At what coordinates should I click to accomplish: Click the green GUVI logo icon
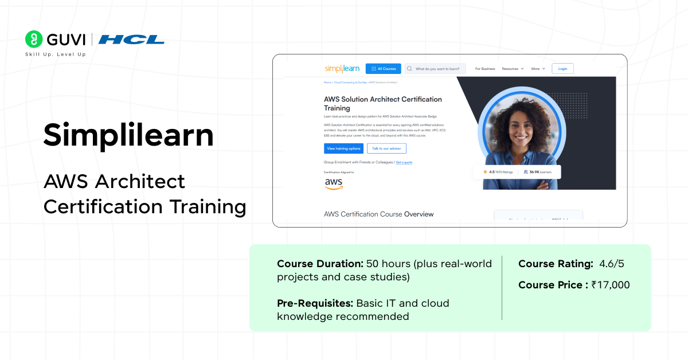34,39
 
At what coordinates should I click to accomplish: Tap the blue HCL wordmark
131,40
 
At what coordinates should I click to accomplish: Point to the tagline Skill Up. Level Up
55,54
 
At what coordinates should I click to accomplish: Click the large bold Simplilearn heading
128,135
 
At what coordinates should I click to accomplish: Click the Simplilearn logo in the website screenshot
342,69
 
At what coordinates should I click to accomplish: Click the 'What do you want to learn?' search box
435,69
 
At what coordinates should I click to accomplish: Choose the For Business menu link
485,69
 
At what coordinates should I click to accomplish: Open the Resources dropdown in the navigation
513,69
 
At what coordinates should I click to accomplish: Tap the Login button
562,69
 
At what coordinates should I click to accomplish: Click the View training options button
343,148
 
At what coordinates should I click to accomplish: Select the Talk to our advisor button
386,148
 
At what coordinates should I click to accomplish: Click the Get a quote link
404,162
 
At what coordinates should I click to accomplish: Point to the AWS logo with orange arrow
334,183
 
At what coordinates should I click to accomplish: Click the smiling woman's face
522,126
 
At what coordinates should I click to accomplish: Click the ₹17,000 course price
610,285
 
